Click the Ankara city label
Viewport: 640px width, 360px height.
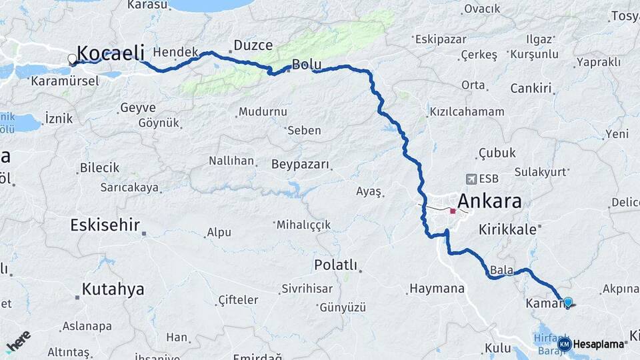[x=489, y=201]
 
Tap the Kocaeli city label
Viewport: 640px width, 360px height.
[x=111, y=53]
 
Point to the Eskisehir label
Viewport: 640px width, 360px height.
[x=105, y=225]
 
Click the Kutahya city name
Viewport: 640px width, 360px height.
[x=113, y=289]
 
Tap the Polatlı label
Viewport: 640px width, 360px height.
[x=335, y=265]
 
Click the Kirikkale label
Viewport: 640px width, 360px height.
[x=507, y=229]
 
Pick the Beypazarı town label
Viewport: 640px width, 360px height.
[x=301, y=163]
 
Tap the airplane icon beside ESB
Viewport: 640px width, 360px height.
[x=472, y=179]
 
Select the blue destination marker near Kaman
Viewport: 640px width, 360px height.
[x=567, y=302]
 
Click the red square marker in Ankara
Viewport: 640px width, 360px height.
[x=453, y=211]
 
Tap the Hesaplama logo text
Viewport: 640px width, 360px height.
[x=599, y=344]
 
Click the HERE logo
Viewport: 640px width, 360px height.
[x=18, y=342]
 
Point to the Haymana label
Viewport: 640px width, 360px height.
[x=437, y=289]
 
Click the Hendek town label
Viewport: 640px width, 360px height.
[x=176, y=52]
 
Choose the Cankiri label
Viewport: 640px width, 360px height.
[x=531, y=88]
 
